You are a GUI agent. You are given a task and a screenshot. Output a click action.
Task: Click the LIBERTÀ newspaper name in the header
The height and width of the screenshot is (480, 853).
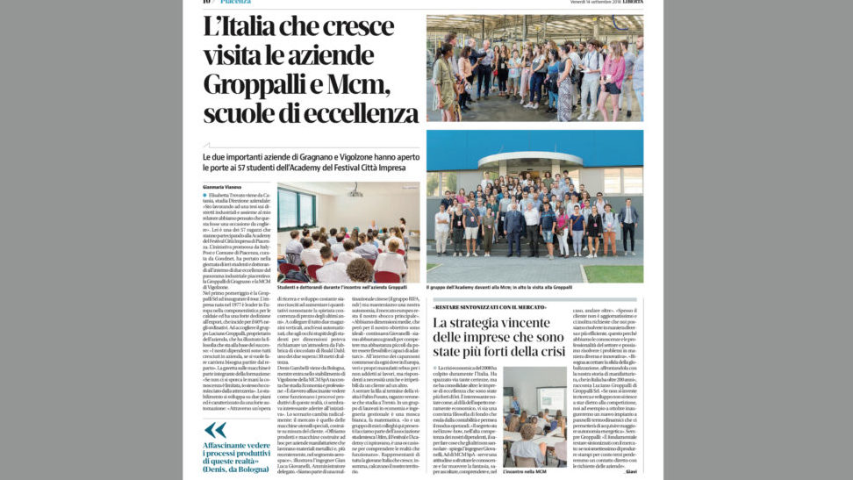tap(627, 3)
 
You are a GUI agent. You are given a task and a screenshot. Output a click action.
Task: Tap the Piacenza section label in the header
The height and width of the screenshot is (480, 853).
tap(234, 3)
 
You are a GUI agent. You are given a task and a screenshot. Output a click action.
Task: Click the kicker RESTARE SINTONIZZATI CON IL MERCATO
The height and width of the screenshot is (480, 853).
tap(490, 307)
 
